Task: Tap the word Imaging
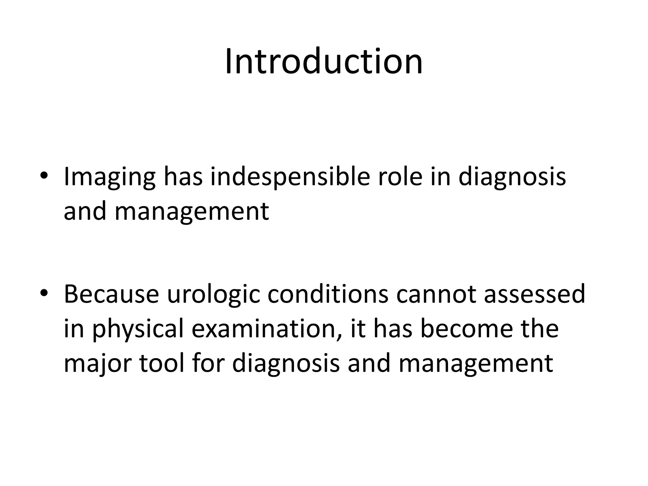point(109,177)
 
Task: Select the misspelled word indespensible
point(290,177)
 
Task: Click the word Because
point(111,294)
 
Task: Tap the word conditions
point(328,294)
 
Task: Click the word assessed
point(534,294)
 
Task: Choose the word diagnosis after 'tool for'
point(286,364)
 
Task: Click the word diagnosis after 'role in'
point(512,177)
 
